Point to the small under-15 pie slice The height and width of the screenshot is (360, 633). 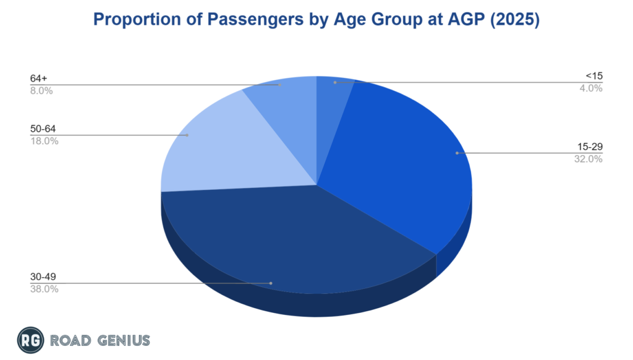[334, 90]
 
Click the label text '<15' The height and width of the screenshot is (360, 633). [593, 77]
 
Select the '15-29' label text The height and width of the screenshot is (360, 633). [590, 147]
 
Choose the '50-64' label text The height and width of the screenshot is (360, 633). [42, 129]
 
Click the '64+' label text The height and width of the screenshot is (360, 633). [38, 79]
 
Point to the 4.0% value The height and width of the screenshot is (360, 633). [591, 88]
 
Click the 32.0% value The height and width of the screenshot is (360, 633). [588, 159]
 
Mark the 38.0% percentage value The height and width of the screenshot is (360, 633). [44, 289]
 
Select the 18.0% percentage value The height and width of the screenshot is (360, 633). [44, 141]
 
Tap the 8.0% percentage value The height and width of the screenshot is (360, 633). [41, 90]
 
